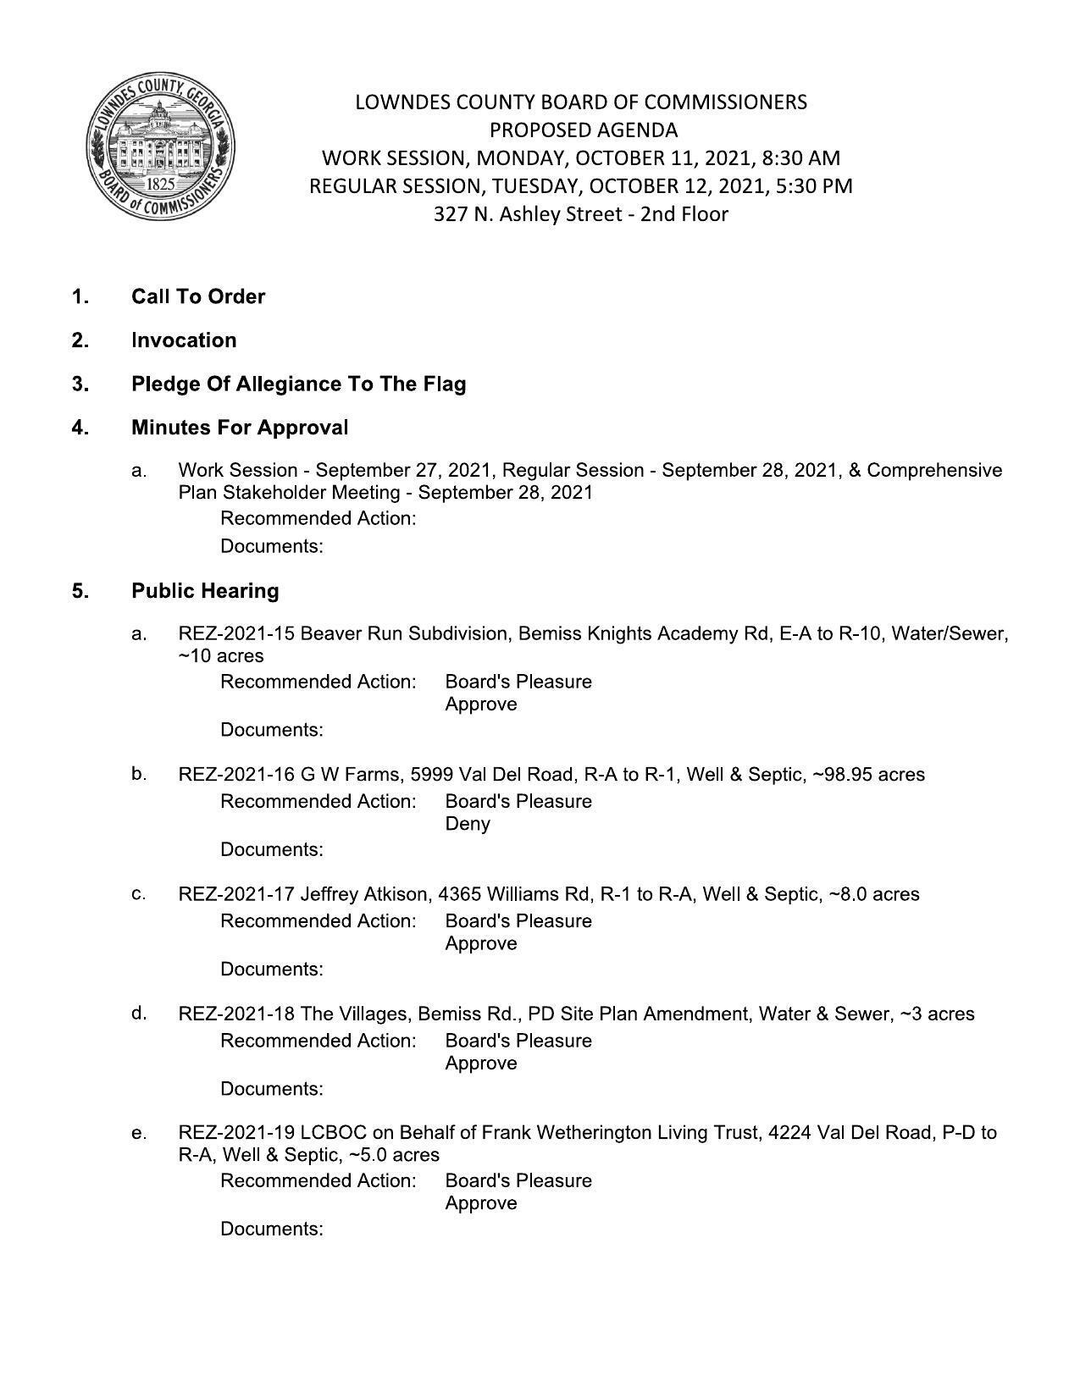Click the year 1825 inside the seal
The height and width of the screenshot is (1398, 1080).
160,184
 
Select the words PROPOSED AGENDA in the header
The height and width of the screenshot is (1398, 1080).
584,130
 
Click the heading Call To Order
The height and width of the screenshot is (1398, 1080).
198,296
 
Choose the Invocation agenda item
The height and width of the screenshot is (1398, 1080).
184,340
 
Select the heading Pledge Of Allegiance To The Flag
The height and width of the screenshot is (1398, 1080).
298,384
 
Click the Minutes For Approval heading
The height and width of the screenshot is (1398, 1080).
240,428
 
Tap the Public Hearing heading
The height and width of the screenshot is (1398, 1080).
205,591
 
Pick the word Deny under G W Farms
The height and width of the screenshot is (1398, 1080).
468,824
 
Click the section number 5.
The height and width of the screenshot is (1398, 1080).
80,591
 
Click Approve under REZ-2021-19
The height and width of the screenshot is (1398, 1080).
481,1203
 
